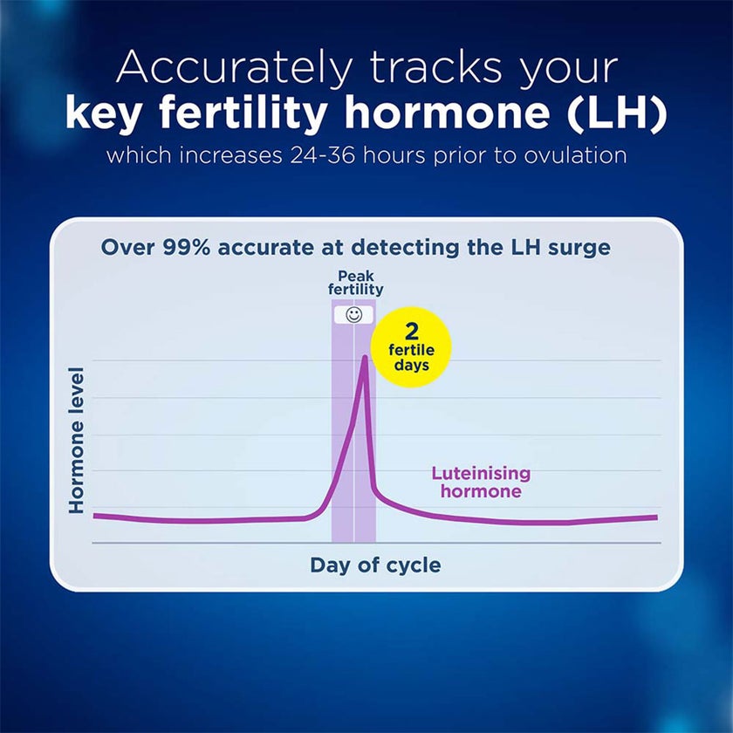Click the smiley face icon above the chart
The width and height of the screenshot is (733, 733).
[353, 315]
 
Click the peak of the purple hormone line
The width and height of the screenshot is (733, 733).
[364, 357]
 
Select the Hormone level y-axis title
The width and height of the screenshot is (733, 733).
[77, 440]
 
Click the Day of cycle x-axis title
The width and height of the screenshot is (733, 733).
[375, 565]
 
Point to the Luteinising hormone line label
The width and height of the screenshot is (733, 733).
[481, 483]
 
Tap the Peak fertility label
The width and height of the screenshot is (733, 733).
[355, 283]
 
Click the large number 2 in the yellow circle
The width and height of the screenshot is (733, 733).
[411, 332]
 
